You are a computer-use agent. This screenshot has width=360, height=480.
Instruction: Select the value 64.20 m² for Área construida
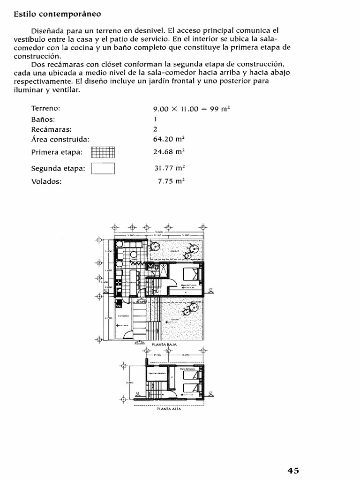point(169,139)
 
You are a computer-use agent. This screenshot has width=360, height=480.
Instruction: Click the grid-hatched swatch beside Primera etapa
point(103,152)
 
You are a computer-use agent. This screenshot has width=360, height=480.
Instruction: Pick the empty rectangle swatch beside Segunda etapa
point(103,168)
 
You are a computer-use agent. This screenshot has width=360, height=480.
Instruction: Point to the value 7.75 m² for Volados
point(171,181)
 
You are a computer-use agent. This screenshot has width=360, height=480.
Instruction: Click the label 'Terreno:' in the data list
point(46,108)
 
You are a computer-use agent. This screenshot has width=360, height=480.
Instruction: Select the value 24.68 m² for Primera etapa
point(169,151)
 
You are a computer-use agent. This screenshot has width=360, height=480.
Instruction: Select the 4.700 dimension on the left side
point(107,318)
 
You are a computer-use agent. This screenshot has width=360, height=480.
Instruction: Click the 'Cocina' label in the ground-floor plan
point(133,282)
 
